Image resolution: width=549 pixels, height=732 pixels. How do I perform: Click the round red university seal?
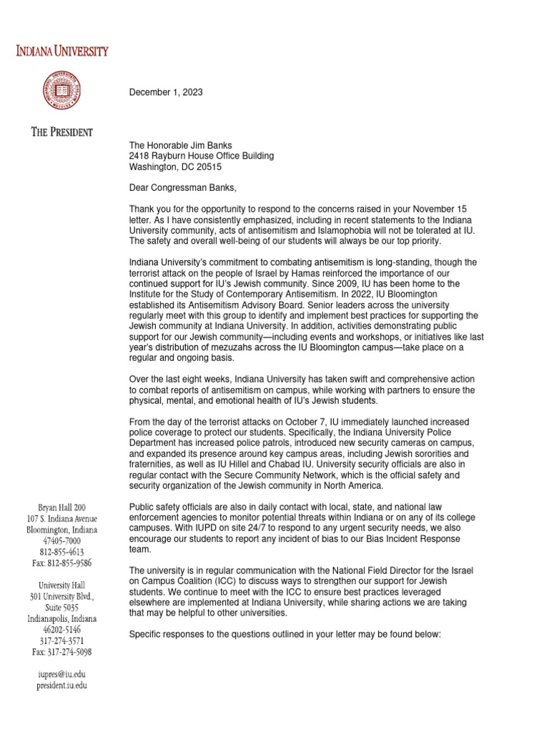tap(64, 91)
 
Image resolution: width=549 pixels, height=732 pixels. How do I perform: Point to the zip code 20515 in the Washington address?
tap(209, 167)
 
